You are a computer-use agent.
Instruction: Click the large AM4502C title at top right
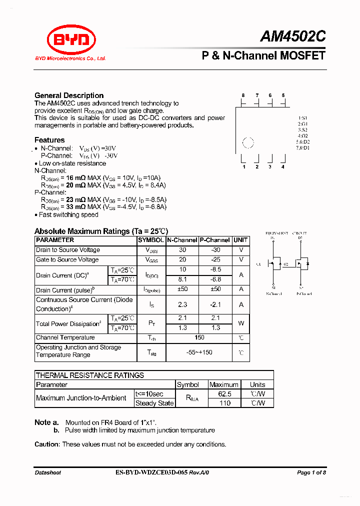click(x=292, y=36)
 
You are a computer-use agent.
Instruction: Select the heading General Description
click(x=69, y=95)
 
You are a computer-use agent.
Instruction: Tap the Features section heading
click(x=49, y=140)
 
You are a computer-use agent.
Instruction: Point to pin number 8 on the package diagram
click(x=243, y=95)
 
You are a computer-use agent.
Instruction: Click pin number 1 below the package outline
click(x=244, y=167)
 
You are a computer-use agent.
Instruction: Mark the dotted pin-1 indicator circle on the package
click(x=248, y=143)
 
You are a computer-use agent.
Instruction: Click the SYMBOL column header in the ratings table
click(x=150, y=240)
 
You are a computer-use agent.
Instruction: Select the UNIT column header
click(x=240, y=240)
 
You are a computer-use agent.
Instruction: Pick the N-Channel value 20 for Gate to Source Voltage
click(x=182, y=259)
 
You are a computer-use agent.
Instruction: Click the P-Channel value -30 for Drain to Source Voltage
click(x=215, y=250)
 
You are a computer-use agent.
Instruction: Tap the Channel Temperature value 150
click(x=198, y=338)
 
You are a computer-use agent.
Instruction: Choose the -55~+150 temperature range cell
click(x=198, y=352)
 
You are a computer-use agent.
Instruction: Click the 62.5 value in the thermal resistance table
click(x=223, y=393)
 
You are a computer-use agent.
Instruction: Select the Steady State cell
click(x=154, y=403)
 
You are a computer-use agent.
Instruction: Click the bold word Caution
click(x=47, y=444)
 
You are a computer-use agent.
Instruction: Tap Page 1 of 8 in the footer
click(x=311, y=472)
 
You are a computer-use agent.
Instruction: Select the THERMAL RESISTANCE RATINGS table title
click(x=90, y=375)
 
